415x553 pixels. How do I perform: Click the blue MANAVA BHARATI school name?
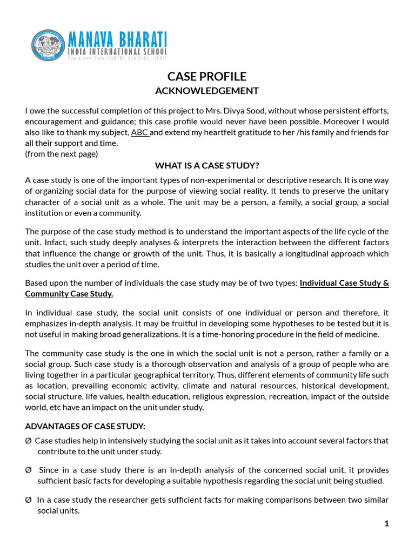point(117,38)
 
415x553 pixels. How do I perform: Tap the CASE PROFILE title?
point(207,76)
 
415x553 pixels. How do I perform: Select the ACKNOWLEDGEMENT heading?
point(207,91)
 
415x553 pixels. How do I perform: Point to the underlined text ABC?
point(140,132)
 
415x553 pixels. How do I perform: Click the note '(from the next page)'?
point(62,154)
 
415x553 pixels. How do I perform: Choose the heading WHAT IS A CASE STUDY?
point(207,165)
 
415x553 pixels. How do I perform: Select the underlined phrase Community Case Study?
point(69,294)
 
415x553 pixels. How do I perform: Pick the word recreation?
point(296,396)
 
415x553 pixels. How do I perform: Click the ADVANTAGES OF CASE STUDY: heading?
point(85,426)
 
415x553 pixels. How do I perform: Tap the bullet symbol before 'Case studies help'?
point(28,441)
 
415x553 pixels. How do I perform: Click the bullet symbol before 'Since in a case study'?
point(28,470)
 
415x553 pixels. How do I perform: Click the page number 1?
point(386,523)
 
